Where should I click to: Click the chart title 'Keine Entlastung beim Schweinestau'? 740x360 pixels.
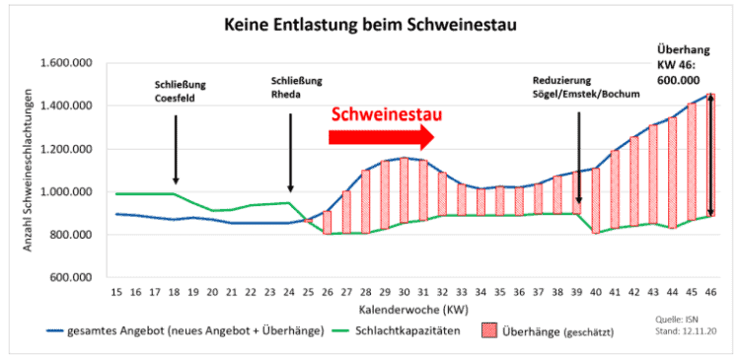pos(370,23)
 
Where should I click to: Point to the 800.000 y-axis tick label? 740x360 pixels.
pos(68,235)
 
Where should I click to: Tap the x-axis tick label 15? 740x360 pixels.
pos(116,293)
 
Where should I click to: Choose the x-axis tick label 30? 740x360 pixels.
pos(403,293)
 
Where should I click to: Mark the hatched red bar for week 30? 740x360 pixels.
pos(403,188)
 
